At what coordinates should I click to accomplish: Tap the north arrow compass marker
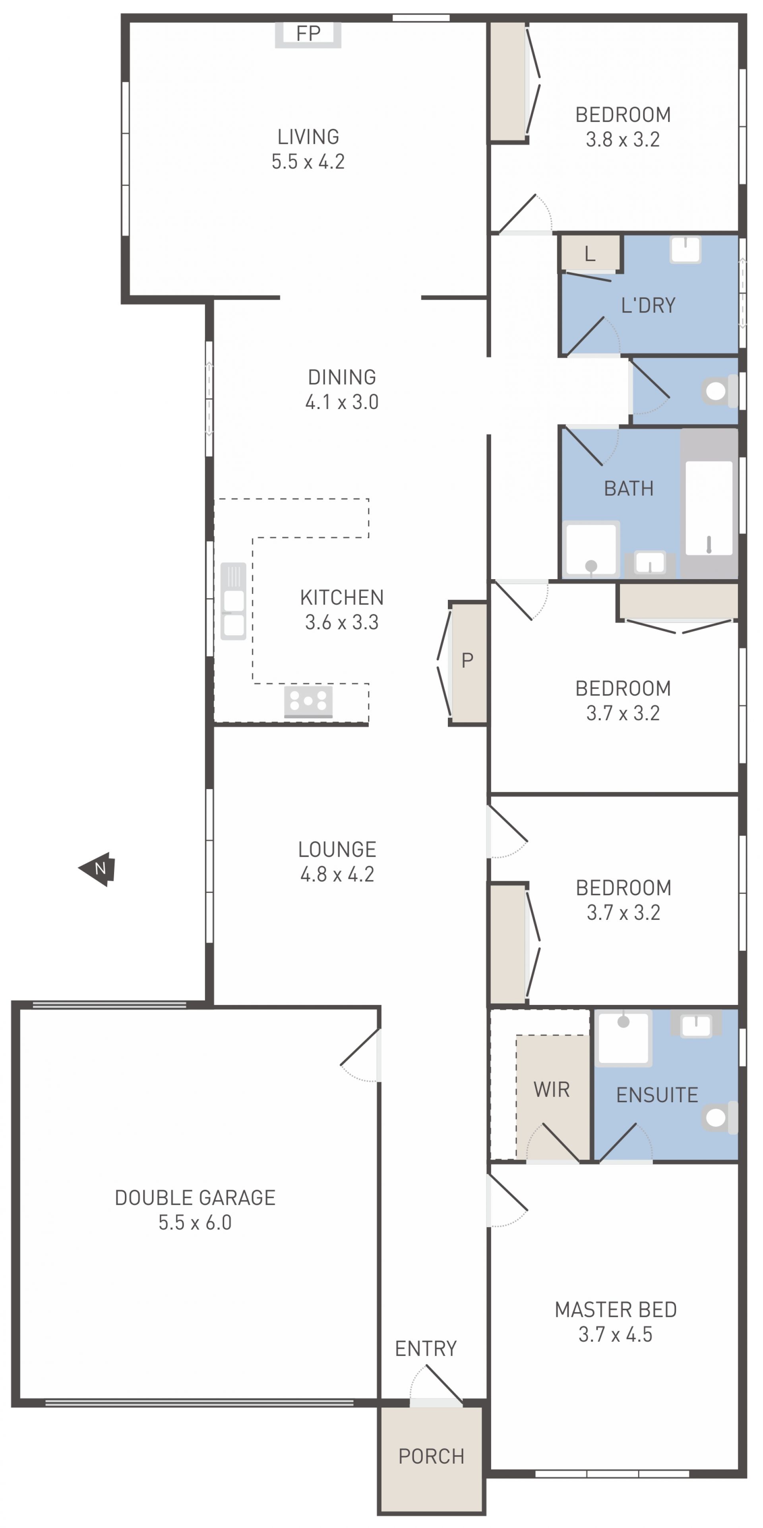point(97,869)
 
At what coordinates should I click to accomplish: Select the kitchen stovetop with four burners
point(308,702)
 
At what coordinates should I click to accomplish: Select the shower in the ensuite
point(623,1037)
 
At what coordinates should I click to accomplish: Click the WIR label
point(551,1090)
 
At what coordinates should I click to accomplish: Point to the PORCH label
point(431,1456)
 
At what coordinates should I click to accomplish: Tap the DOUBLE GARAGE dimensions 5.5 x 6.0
point(195,1222)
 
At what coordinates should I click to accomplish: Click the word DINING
point(342,377)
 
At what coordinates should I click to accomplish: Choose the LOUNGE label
point(337,849)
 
